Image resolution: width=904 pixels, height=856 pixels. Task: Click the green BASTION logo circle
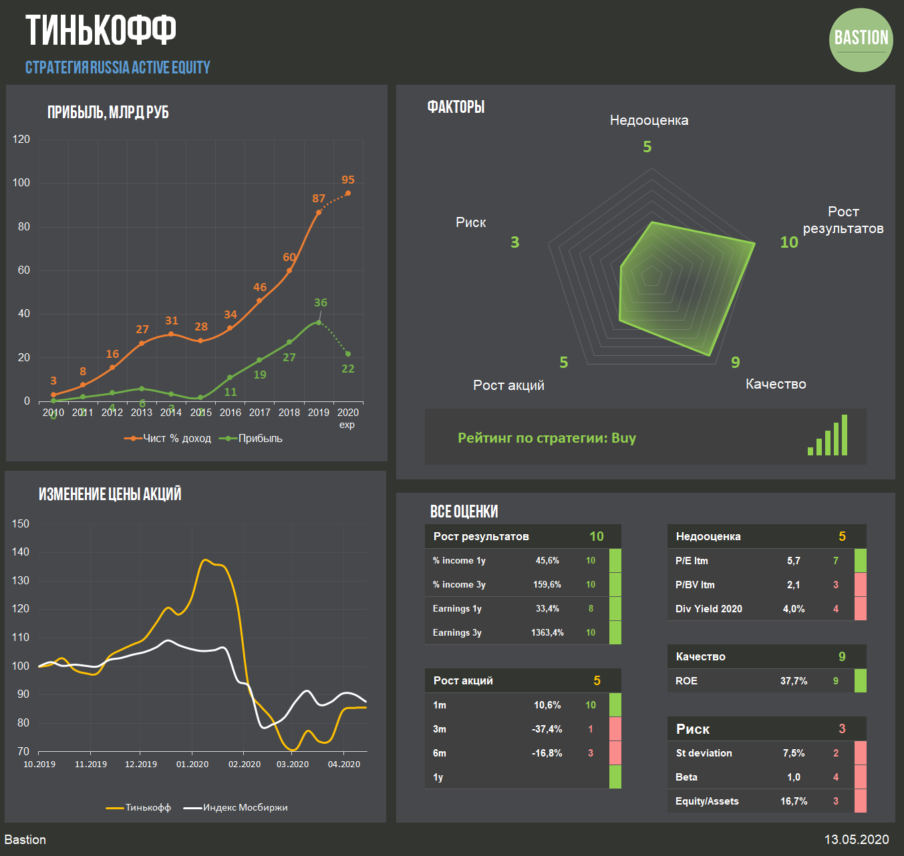pos(861,40)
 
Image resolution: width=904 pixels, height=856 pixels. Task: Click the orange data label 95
pos(348,180)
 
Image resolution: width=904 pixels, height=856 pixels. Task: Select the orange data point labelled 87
pos(319,212)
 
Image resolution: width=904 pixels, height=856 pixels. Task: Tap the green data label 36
pos(321,303)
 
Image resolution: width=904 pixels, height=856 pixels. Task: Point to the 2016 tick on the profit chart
pos(231,413)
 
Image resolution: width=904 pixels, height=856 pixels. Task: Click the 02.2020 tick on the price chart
pos(245,765)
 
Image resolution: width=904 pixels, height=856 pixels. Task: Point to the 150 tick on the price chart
pos(21,524)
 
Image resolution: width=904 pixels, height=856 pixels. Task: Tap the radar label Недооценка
pos(649,121)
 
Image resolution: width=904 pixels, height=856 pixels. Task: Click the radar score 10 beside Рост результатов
pos(789,242)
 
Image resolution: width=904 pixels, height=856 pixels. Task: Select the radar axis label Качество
pos(776,384)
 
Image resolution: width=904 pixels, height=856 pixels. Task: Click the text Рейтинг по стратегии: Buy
pos(547,438)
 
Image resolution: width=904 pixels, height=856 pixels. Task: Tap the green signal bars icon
pos(827,436)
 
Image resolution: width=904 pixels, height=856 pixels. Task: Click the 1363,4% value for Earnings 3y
pos(547,633)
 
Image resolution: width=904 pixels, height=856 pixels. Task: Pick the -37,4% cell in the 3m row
pos(547,729)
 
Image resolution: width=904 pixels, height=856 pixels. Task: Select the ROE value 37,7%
pos(794,681)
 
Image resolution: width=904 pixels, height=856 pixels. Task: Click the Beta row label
pos(686,777)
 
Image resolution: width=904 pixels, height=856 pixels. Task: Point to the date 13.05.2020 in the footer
pos(856,840)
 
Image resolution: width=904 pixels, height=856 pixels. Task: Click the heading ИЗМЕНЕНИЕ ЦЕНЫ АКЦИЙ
pos(110,494)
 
